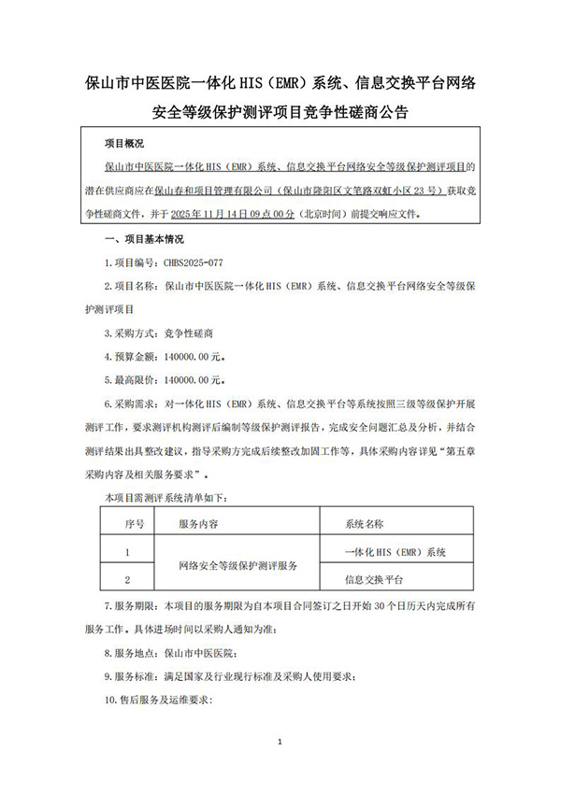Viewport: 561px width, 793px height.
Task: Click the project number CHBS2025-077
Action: (x=197, y=264)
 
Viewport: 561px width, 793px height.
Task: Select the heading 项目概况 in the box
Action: (x=125, y=144)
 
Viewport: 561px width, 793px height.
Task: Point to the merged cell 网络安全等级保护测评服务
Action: (x=237, y=565)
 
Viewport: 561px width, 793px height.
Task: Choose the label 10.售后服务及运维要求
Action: (x=161, y=699)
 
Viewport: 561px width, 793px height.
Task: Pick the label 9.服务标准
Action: (x=131, y=676)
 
